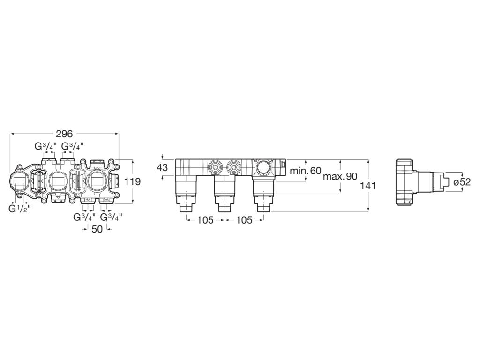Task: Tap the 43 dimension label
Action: pyautogui.click(x=162, y=167)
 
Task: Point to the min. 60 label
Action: pyautogui.click(x=306, y=171)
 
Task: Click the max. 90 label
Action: pyautogui.click(x=340, y=176)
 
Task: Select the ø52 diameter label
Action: pyautogui.click(x=462, y=181)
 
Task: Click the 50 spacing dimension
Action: pyautogui.click(x=97, y=229)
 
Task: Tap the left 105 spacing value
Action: pyautogui.click(x=205, y=220)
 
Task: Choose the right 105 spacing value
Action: pyautogui.click(x=243, y=220)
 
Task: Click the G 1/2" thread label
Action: pyautogui.click(x=20, y=209)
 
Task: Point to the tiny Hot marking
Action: pyautogui.click(x=87, y=200)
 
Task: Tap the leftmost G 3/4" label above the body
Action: pyautogui.click(x=45, y=146)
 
